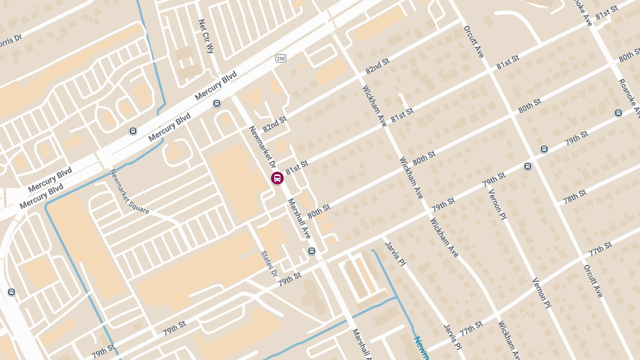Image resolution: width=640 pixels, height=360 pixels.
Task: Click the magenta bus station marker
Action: pyautogui.click(x=277, y=178)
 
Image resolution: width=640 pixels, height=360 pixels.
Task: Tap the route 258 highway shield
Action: pyautogui.click(x=281, y=58)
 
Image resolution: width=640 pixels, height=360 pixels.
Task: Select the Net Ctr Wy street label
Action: pyautogui.click(x=205, y=37)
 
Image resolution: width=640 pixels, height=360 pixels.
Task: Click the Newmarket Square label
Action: pyautogui.click(x=130, y=191)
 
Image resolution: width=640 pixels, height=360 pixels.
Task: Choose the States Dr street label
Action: pyautogui.click(x=269, y=264)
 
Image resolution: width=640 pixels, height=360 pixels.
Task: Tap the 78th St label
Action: pyautogui.click(x=575, y=196)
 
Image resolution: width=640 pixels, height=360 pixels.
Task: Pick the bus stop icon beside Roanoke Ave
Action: pyautogui.click(x=618, y=113)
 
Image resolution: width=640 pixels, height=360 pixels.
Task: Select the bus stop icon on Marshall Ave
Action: pyautogui.click(x=312, y=251)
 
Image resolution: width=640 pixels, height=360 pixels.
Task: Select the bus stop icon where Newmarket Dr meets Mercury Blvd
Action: pyautogui.click(x=217, y=103)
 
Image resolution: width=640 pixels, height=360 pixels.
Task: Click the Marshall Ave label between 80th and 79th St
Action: pyautogui.click(x=299, y=219)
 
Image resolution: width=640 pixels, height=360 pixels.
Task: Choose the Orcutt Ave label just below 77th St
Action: pyautogui.click(x=593, y=281)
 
